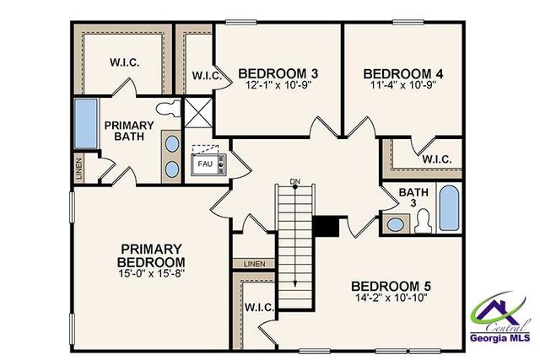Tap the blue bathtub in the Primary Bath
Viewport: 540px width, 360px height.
pos(86,123)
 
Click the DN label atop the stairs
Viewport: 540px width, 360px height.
pos(294,182)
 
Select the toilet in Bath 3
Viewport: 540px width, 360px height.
pos(424,222)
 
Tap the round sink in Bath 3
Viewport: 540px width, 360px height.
pos(393,224)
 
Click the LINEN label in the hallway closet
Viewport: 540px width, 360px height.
pos(254,264)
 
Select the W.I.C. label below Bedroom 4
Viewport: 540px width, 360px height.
pos(436,159)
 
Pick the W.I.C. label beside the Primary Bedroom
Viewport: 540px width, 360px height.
pos(259,309)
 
